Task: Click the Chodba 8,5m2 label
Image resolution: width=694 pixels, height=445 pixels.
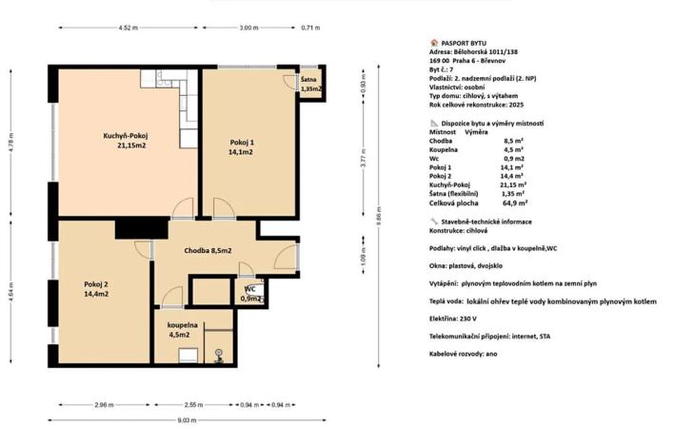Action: [207, 250]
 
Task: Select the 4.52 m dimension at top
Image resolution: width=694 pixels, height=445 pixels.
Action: [130, 28]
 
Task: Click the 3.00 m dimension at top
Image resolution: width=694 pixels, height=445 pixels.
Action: [248, 28]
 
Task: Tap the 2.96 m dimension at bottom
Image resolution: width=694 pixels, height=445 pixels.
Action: [103, 404]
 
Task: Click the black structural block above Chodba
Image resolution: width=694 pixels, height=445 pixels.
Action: [140, 228]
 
